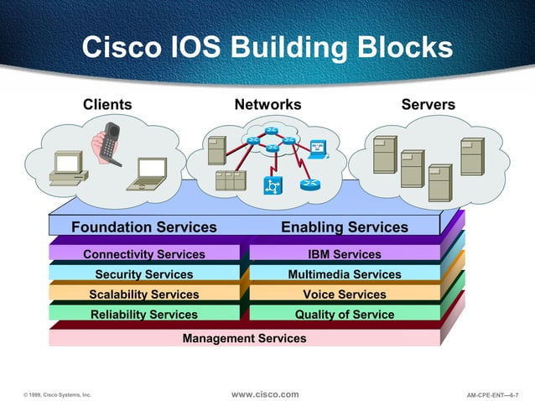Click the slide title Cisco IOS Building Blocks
point(267,47)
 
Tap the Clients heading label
point(107,105)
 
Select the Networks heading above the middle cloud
point(267,105)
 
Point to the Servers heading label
point(428,105)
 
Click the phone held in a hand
point(107,143)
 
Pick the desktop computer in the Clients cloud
point(67,169)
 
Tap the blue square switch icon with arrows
point(273,185)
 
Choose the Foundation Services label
point(144,227)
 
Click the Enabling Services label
point(344,227)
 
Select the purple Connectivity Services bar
point(144,254)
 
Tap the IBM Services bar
point(344,254)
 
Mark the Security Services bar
point(144,274)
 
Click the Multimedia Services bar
point(344,274)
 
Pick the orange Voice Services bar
point(344,294)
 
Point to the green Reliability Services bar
point(144,315)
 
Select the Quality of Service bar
point(344,315)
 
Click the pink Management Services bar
point(244,338)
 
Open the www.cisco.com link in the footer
point(264,394)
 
